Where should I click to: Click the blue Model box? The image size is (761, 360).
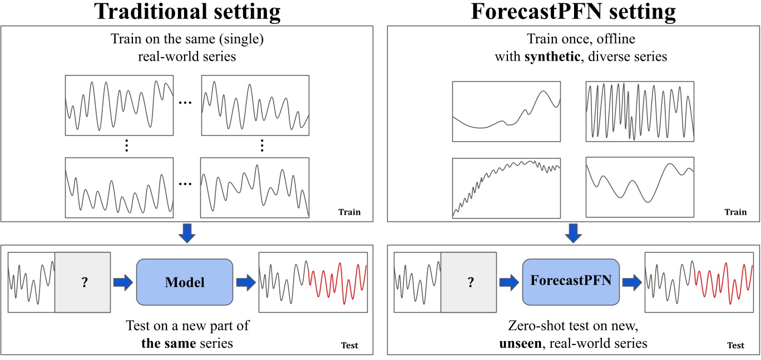(184, 282)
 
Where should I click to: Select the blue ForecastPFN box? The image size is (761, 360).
(571, 281)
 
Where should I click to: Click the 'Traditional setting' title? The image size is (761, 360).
(187, 12)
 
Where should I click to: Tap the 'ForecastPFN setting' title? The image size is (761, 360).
(573, 12)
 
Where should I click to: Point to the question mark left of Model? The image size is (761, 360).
(84, 282)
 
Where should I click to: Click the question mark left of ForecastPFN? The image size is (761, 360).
(470, 282)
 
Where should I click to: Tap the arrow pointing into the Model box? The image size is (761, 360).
(122, 282)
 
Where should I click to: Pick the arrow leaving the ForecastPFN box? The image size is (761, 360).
(631, 282)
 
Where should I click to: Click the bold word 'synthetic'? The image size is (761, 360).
(547, 57)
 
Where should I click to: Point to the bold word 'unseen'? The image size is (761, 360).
(520, 343)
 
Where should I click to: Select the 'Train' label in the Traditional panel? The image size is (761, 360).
(349, 212)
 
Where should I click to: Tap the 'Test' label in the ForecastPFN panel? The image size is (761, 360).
(735, 346)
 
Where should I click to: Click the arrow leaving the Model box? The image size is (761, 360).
(245, 282)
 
